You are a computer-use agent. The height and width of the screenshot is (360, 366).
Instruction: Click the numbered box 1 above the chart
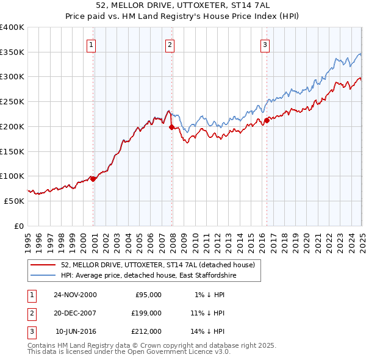coord(91,44)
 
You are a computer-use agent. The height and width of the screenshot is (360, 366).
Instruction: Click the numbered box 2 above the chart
coord(169,44)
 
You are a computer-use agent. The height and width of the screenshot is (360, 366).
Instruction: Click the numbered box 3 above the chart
coord(265,44)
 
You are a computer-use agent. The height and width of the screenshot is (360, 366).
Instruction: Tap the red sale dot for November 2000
coord(93,178)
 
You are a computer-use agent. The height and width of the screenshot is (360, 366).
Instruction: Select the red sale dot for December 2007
coord(171,128)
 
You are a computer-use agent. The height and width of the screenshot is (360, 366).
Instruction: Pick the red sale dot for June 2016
coord(267,121)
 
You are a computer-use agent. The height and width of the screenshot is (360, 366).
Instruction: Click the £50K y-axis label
coord(14,201)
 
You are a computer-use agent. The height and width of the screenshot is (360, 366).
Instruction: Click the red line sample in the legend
coord(43,265)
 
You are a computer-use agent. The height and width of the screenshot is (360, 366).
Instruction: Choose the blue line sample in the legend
coord(43,276)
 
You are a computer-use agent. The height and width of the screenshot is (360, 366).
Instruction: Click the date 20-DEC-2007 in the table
coord(75,313)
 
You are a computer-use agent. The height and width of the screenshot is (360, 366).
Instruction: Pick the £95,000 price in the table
coord(148,295)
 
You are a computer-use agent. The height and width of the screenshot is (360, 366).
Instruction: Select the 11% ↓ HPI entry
coord(208,313)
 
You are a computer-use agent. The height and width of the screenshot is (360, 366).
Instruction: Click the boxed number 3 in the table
coord(31,331)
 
